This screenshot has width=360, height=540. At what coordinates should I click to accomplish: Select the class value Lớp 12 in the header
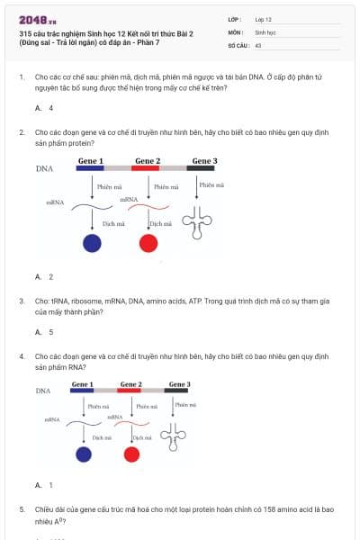tap(263, 19)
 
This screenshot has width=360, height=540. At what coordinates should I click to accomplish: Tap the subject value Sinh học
tap(265, 31)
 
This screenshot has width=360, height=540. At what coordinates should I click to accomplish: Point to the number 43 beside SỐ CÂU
tap(258, 43)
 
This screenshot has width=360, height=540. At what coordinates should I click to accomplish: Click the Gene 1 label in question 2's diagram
tap(90, 160)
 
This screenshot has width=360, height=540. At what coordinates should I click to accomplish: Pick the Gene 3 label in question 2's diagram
tap(203, 160)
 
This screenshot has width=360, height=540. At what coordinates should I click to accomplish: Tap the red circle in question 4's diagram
tap(131, 454)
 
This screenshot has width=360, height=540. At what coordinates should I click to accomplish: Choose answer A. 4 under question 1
tap(44, 108)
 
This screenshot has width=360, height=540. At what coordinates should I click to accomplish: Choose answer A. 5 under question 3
tap(44, 332)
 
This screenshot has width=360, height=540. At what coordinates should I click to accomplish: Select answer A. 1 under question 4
tap(44, 485)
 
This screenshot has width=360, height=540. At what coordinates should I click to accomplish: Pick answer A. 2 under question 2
tap(44, 276)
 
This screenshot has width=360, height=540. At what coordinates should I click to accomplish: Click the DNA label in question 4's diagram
tap(43, 391)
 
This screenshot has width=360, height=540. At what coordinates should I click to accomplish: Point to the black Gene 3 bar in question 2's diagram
tap(201, 167)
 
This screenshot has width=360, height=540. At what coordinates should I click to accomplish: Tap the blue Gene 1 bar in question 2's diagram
tap(90, 167)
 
